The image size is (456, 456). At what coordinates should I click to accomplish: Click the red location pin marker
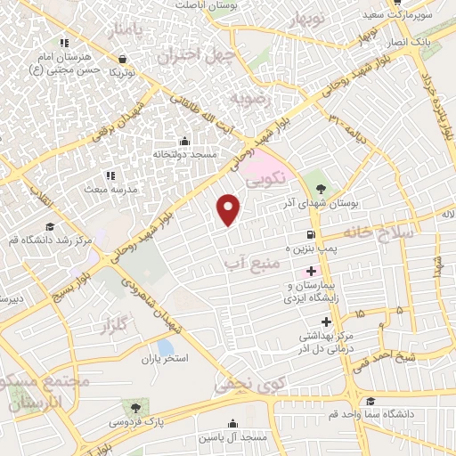tap(229, 208)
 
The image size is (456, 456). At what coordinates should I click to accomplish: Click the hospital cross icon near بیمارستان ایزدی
tap(311, 271)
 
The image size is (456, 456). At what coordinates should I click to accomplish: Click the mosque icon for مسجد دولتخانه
tap(184, 141)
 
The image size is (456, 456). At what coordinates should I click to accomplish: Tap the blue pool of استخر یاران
tap(165, 346)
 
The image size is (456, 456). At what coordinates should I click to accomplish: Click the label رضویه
tap(249, 96)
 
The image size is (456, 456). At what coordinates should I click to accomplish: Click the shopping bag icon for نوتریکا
tap(122, 59)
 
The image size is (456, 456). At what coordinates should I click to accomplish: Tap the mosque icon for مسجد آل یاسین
tap(233, 424)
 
